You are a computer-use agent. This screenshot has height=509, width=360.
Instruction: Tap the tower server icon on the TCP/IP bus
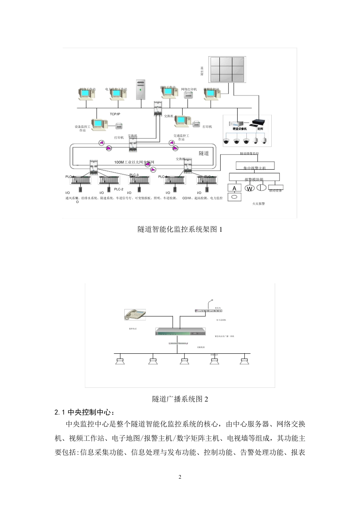pos(141,90)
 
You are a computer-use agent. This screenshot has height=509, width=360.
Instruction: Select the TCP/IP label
pos(115,114)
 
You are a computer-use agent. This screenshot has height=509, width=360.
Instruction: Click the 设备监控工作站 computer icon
pos(98,124)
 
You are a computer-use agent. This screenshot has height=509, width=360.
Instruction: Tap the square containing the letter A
pos(234,188)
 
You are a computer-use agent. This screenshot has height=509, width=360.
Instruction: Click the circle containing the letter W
pos(249,188)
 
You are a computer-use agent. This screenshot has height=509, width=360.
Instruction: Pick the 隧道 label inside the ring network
pos(204,153)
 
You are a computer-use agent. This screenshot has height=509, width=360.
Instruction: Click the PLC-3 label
pos(134,175)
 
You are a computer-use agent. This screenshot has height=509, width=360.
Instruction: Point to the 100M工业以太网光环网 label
pos(134,162)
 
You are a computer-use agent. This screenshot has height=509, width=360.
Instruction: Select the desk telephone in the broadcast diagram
pos(135,314)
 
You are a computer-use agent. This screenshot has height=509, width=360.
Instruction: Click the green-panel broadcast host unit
pos(180,332)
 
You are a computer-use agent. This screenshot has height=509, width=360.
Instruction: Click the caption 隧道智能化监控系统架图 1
pos(180,229)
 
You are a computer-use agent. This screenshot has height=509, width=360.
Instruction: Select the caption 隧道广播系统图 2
pos(180,399)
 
